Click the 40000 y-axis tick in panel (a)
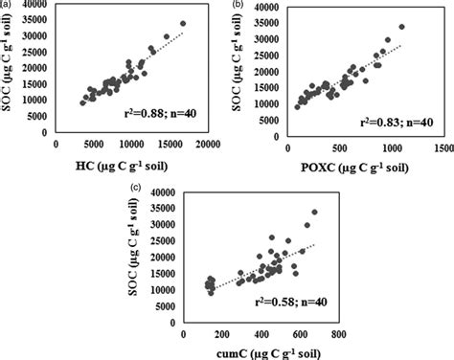coord(43,7)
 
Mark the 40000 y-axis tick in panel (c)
coord(165,192)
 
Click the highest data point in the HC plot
coord(183,22)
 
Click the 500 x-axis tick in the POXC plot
coord(338,149)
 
